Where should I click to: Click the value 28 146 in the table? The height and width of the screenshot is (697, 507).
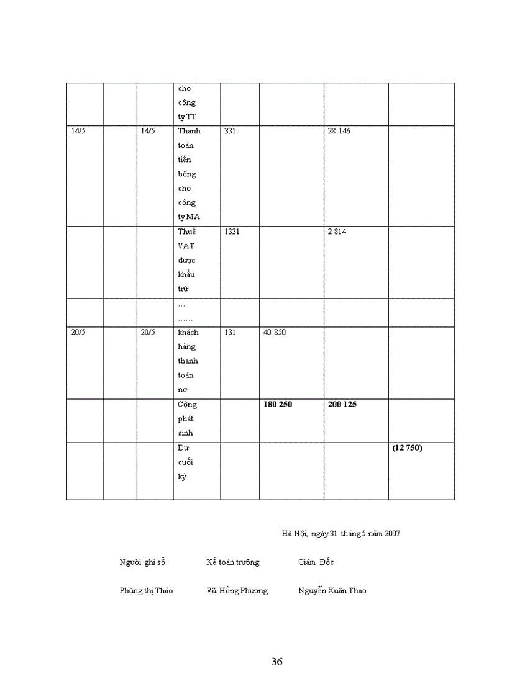(x=339, y=132)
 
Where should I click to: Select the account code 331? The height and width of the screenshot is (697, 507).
(x=230, y=132)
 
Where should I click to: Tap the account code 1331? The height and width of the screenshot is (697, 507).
(x=232, y=232)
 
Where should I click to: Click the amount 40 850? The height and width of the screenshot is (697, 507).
(x=275, y=332)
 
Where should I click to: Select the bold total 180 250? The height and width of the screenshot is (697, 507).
(x=278, y=404)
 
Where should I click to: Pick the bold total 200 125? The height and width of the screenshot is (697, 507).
(x=342, y=404)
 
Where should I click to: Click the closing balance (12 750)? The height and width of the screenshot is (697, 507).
(x=407, y=447)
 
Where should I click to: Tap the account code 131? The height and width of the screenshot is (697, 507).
(x=230, y=332)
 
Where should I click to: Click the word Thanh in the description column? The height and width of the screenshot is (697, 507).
(x=188, y=132)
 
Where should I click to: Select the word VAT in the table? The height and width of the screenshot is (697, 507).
(x=185, y=246)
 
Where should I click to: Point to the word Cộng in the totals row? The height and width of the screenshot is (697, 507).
(x=186, y=405)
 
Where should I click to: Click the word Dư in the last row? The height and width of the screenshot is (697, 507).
(x=183, y=447)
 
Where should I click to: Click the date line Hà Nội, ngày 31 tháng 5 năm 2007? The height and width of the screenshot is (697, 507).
(x=340, y=533)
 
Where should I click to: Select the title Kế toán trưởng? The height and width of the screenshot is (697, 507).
(x=233, y=562)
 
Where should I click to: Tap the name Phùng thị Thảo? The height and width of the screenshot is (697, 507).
(x=146, y=591)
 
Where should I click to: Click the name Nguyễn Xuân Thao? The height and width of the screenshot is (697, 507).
(x=332, y=591)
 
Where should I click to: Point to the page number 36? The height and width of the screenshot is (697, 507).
(x=277, y=662)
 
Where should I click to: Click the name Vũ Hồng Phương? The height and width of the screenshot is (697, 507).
(x=237, y=591)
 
